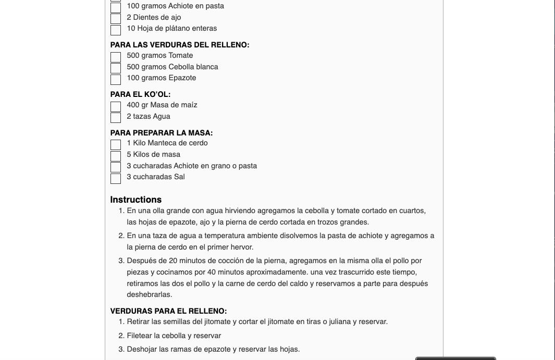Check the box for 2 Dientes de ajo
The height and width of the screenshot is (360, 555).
[x=116, y=19]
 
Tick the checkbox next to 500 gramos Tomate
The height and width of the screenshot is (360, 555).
[x=116, y=57]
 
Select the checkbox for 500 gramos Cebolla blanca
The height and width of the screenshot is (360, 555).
[x=116, y=68]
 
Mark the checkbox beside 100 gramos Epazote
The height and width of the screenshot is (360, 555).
[x=116, y=79]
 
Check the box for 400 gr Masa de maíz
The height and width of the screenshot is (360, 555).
[x=116, y=106]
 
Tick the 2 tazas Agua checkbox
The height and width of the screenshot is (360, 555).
[x=116, y=118]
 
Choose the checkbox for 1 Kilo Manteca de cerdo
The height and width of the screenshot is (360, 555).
[x=116, y=144]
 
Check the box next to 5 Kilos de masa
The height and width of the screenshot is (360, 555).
[x=116, y=156]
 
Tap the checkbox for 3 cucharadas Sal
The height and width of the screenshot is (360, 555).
[x=116, y=178]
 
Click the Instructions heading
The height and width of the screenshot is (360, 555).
[x=136, y=200]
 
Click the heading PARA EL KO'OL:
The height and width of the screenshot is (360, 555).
[x=140, y=94]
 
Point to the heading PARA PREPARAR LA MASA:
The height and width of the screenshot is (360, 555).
[x=162, y=133]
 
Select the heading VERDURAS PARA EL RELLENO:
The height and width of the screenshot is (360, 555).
[x=168, y=311]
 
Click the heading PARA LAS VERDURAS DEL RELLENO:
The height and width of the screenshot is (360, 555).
[x=180, y=45]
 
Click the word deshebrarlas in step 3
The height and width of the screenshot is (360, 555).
[x=149, y=294]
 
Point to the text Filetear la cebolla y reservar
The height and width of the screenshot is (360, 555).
[x=174, y=336]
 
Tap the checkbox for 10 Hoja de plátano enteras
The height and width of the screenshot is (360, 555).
[x=116, y=30]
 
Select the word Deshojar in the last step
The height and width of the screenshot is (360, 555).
[x=142, y=349]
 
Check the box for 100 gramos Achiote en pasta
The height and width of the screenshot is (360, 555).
[x=116, y=7]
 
